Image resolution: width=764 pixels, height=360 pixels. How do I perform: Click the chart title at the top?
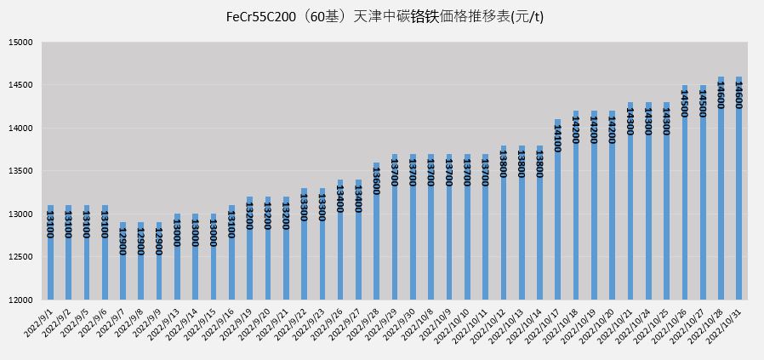385,16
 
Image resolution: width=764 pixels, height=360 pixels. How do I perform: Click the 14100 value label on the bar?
557,137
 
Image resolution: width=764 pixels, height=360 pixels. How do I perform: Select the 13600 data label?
376,180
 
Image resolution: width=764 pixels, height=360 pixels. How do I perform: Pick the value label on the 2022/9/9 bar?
158,241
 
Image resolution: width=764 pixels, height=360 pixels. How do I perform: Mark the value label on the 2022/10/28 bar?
721,95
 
